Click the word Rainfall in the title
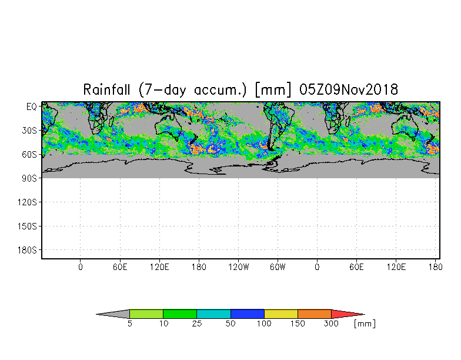[x=106, y=89]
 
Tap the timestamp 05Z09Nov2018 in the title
[x=349, y=89]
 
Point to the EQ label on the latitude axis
[x=32, y=106]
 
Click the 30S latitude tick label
[x=29, y=131]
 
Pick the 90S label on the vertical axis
[x=29, y=178]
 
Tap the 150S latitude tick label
[x=27, y=226]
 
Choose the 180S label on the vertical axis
[x=27, y=250]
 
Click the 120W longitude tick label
[x=239, y=267]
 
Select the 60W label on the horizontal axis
[x=278, y=267]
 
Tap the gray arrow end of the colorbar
[x=113, y=314]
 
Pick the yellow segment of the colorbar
[x=281, y=314]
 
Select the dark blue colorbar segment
[x=247, y=314]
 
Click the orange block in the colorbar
[x=315, y=314]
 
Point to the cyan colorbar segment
[x=214, y=314]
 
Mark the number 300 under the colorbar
[x=331, y=324]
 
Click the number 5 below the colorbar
[x=129, y=324]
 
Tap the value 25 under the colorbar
[x=197, y=324]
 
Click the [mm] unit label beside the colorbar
[x=365, y=324]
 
